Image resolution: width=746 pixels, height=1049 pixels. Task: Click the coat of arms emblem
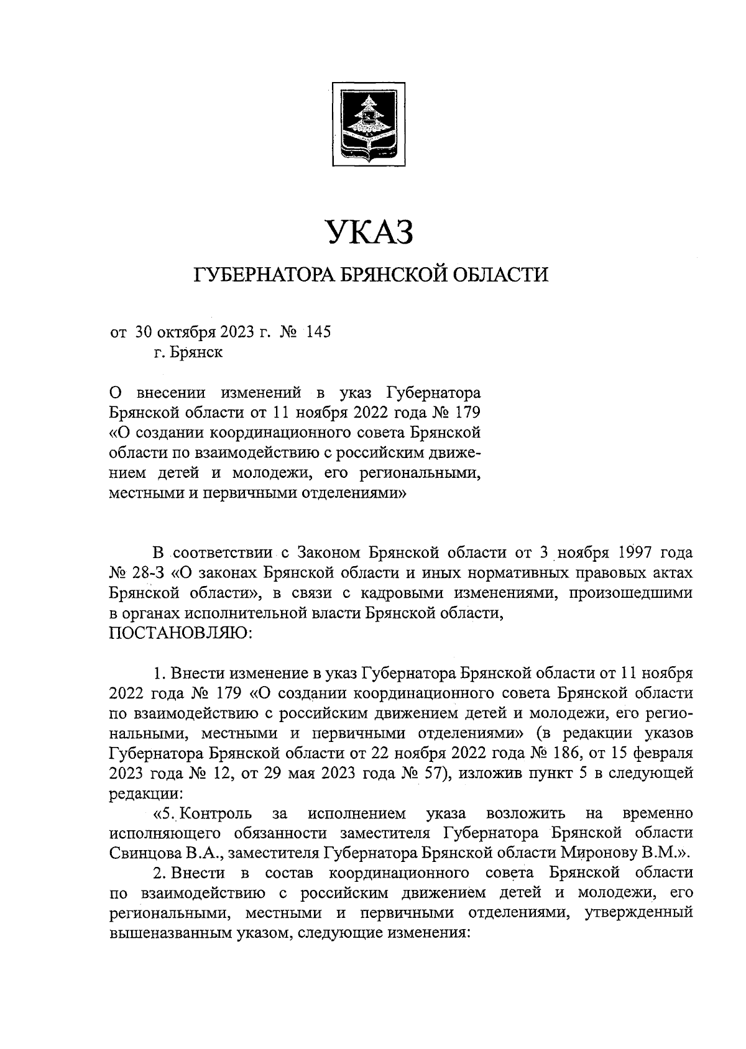tap(368, 124)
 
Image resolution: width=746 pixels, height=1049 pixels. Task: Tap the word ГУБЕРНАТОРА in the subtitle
tap(265, 274)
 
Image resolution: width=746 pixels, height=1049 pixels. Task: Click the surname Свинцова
tap(149, 853)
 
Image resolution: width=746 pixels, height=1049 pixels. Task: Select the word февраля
tap(663, 753)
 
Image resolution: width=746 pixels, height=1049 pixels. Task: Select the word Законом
tap(327, 551)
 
